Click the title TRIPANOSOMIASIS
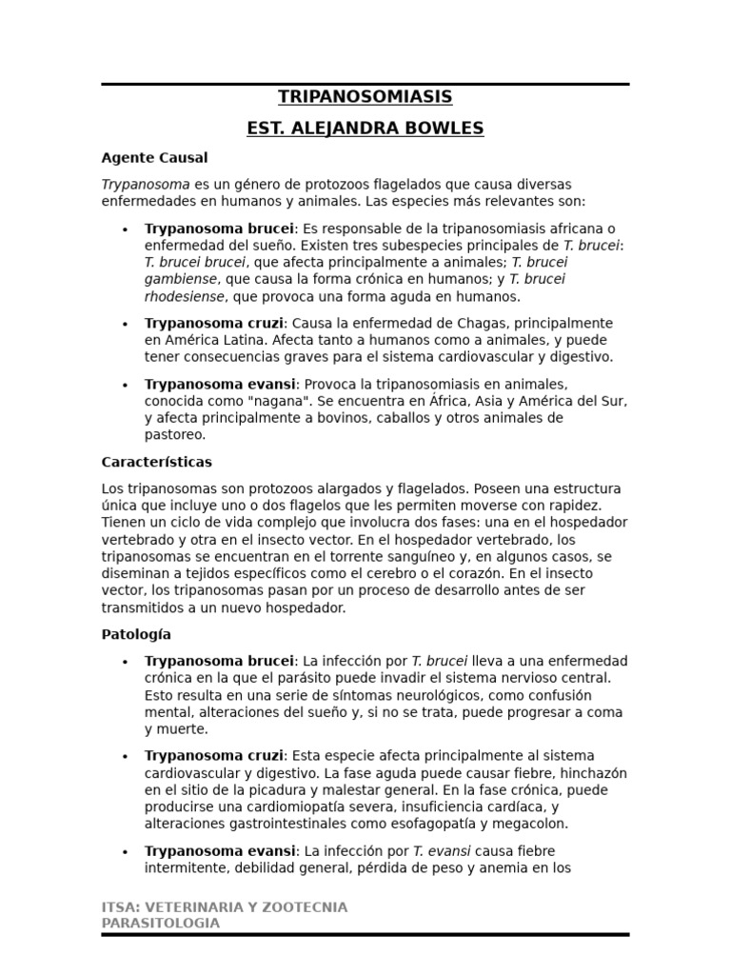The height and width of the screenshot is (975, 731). click(x=365, y=97)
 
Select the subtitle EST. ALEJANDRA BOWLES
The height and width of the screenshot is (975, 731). click(x=365, y=129)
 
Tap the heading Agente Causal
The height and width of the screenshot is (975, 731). click(x=154, y=158)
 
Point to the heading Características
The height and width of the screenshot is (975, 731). click(x=157, y=462)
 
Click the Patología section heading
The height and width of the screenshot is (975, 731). click(x=136, y=634)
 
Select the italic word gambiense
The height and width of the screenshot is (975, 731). click(x=180, y=280)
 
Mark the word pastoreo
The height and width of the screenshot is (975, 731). click(x=174, y=435)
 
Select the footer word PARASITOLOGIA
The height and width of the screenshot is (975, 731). click(x=161, y=924)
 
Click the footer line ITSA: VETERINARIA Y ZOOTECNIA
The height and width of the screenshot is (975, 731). click(x=225, y=907)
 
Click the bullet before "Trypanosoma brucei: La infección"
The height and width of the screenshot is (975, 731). click(x=125, y=662)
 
